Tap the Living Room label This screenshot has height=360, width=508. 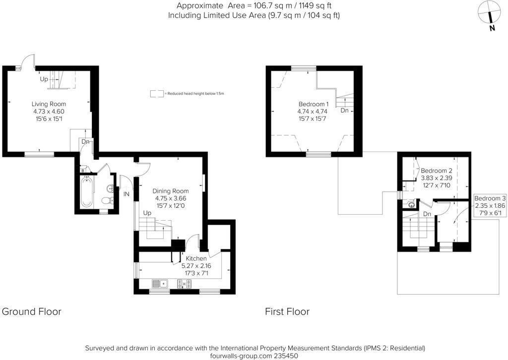click(49, 104)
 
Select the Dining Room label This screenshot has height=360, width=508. click(170, 191)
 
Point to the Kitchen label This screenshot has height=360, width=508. click(196, 258)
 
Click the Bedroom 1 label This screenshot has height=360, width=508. click(314, 104)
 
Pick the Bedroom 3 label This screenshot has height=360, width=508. click(490, 198)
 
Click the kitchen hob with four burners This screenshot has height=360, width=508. click(185, 284)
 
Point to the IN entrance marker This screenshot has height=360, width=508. click(126, 194)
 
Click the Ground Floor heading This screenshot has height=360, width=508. click(32, 311)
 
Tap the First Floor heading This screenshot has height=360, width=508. click(287, 311)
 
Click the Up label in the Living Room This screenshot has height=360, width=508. click(44, 79)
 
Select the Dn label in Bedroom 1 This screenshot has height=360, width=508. click(344, 111)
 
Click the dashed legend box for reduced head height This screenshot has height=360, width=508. click(157, 93)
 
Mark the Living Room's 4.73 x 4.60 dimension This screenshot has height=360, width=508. click(49, 112)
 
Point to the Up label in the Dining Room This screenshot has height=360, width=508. click(147, 213)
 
